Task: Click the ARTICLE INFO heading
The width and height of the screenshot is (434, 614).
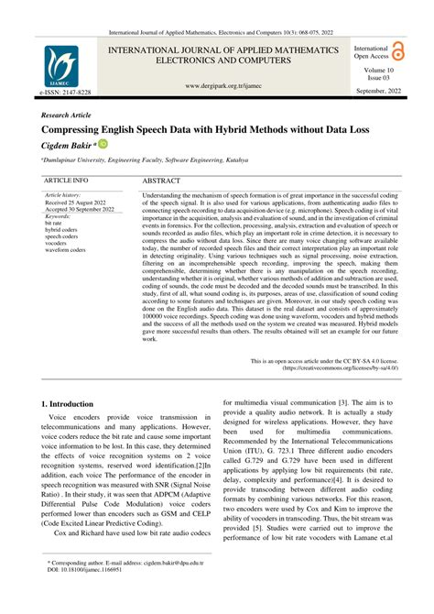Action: click(x=66, y=181)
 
